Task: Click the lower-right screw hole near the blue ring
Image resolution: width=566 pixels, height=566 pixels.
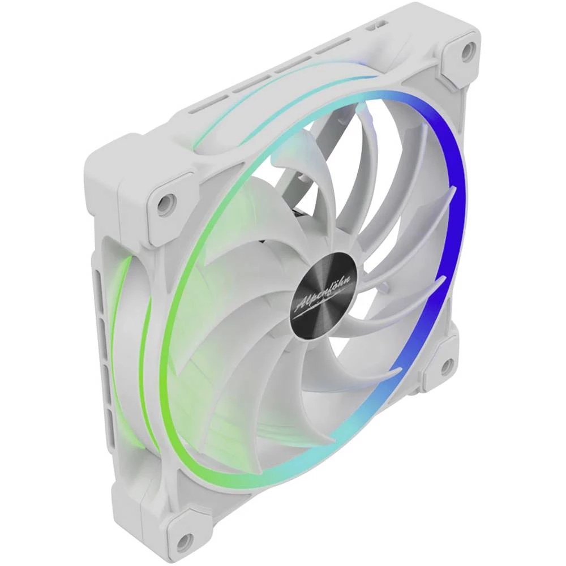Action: click(445, 365)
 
